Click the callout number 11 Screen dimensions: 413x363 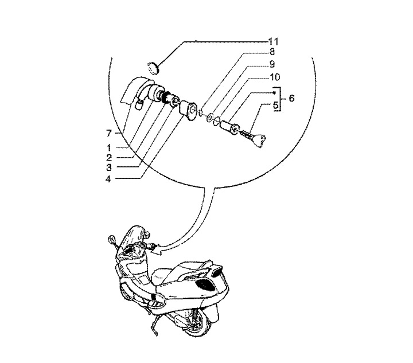point(273,42)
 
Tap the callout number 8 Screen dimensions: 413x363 point(272,52)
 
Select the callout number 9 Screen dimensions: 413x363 point(272,64)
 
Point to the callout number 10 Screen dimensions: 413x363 point(274,77)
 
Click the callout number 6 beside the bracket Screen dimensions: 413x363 point(291,98)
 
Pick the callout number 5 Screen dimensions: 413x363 point(275,105)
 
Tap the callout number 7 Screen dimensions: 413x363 point(109,134)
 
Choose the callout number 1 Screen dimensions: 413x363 point(109,147)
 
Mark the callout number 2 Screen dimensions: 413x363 point(109,157)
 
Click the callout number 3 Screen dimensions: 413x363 point(109,167)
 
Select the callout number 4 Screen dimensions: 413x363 point(108,179)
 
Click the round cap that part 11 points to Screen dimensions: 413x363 point(153,68)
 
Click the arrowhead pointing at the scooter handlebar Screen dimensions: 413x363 point(157,251)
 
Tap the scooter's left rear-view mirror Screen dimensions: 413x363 point(111,239)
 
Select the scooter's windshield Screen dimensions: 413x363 point(133,236)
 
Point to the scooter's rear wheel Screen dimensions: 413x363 point(198,322)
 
